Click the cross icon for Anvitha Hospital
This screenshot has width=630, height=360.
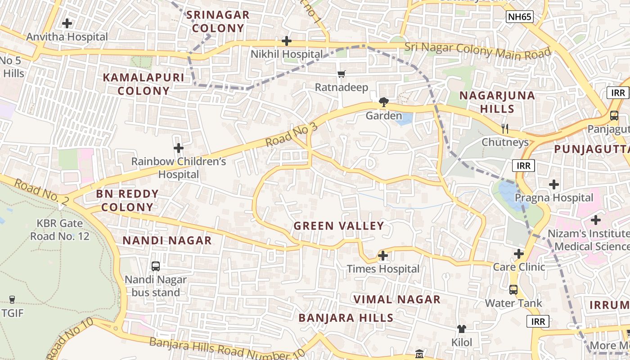click(x=67, y=23)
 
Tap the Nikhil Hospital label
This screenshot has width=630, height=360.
click(x=287, y=54)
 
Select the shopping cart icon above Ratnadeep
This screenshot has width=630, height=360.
click(x=342, y=74)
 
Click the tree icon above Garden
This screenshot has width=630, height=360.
click(x=383, y=103)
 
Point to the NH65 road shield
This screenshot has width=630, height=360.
click(x=519, y=17)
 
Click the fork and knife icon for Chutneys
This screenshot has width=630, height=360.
click(x=505, y=129)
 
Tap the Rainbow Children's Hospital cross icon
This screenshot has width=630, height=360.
click(x=179, y=148)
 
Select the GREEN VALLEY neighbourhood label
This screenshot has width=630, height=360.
click(x=339, y=226)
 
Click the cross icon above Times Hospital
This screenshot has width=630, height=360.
click(x=383, y=256)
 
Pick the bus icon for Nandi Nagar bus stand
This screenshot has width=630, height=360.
click(x=156, y=266)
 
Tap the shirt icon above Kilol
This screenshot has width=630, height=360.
click(x=462, y=329)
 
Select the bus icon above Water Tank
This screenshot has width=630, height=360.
click(x=513, y=289)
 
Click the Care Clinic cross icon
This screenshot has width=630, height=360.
click(x=519, y=254)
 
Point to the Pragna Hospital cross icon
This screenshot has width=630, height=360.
click(x=554, y=184)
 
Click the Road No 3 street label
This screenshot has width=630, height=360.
click(x=291, y=134)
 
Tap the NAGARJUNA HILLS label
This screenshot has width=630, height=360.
click(x=497, y=102)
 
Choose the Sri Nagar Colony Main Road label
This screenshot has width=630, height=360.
click(x=477, y=50)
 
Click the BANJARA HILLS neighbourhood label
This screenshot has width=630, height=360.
click(x=346, y=318)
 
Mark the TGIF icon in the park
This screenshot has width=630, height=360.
click(x=12, y=300)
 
